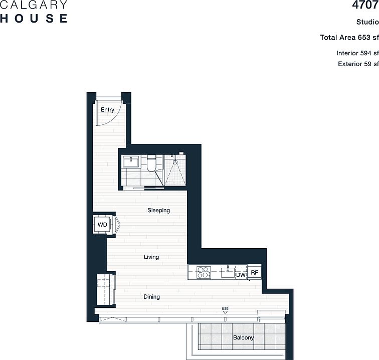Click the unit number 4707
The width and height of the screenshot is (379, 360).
point(365,5)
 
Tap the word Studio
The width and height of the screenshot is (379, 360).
point(367,22)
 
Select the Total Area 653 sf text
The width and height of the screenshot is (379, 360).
point(349,38)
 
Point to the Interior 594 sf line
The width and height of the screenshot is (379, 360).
point(357,53)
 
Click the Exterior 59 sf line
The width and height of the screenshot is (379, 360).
point(358,64)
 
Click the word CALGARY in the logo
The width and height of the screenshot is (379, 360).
point(34,5)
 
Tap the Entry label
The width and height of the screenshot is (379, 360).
point(108,110)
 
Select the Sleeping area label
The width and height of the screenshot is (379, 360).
point(158,211)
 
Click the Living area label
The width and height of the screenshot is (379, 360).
point(151,257)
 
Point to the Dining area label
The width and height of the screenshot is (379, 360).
point(151,297)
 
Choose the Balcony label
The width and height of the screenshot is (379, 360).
point(243,337)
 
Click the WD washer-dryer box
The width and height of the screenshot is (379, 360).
point(102,225)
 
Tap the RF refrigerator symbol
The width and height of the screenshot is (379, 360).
point(255,272)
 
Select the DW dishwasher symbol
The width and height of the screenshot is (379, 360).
point(241,273)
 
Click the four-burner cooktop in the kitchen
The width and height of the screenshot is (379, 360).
point(204,272)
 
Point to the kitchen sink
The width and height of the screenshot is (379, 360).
point(228,272)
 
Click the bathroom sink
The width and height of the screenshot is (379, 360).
point(131,161)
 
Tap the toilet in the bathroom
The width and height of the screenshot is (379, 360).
point(151,163)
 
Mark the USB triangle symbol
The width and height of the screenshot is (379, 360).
point(225,312)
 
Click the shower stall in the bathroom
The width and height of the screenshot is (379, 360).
point(175,170)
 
